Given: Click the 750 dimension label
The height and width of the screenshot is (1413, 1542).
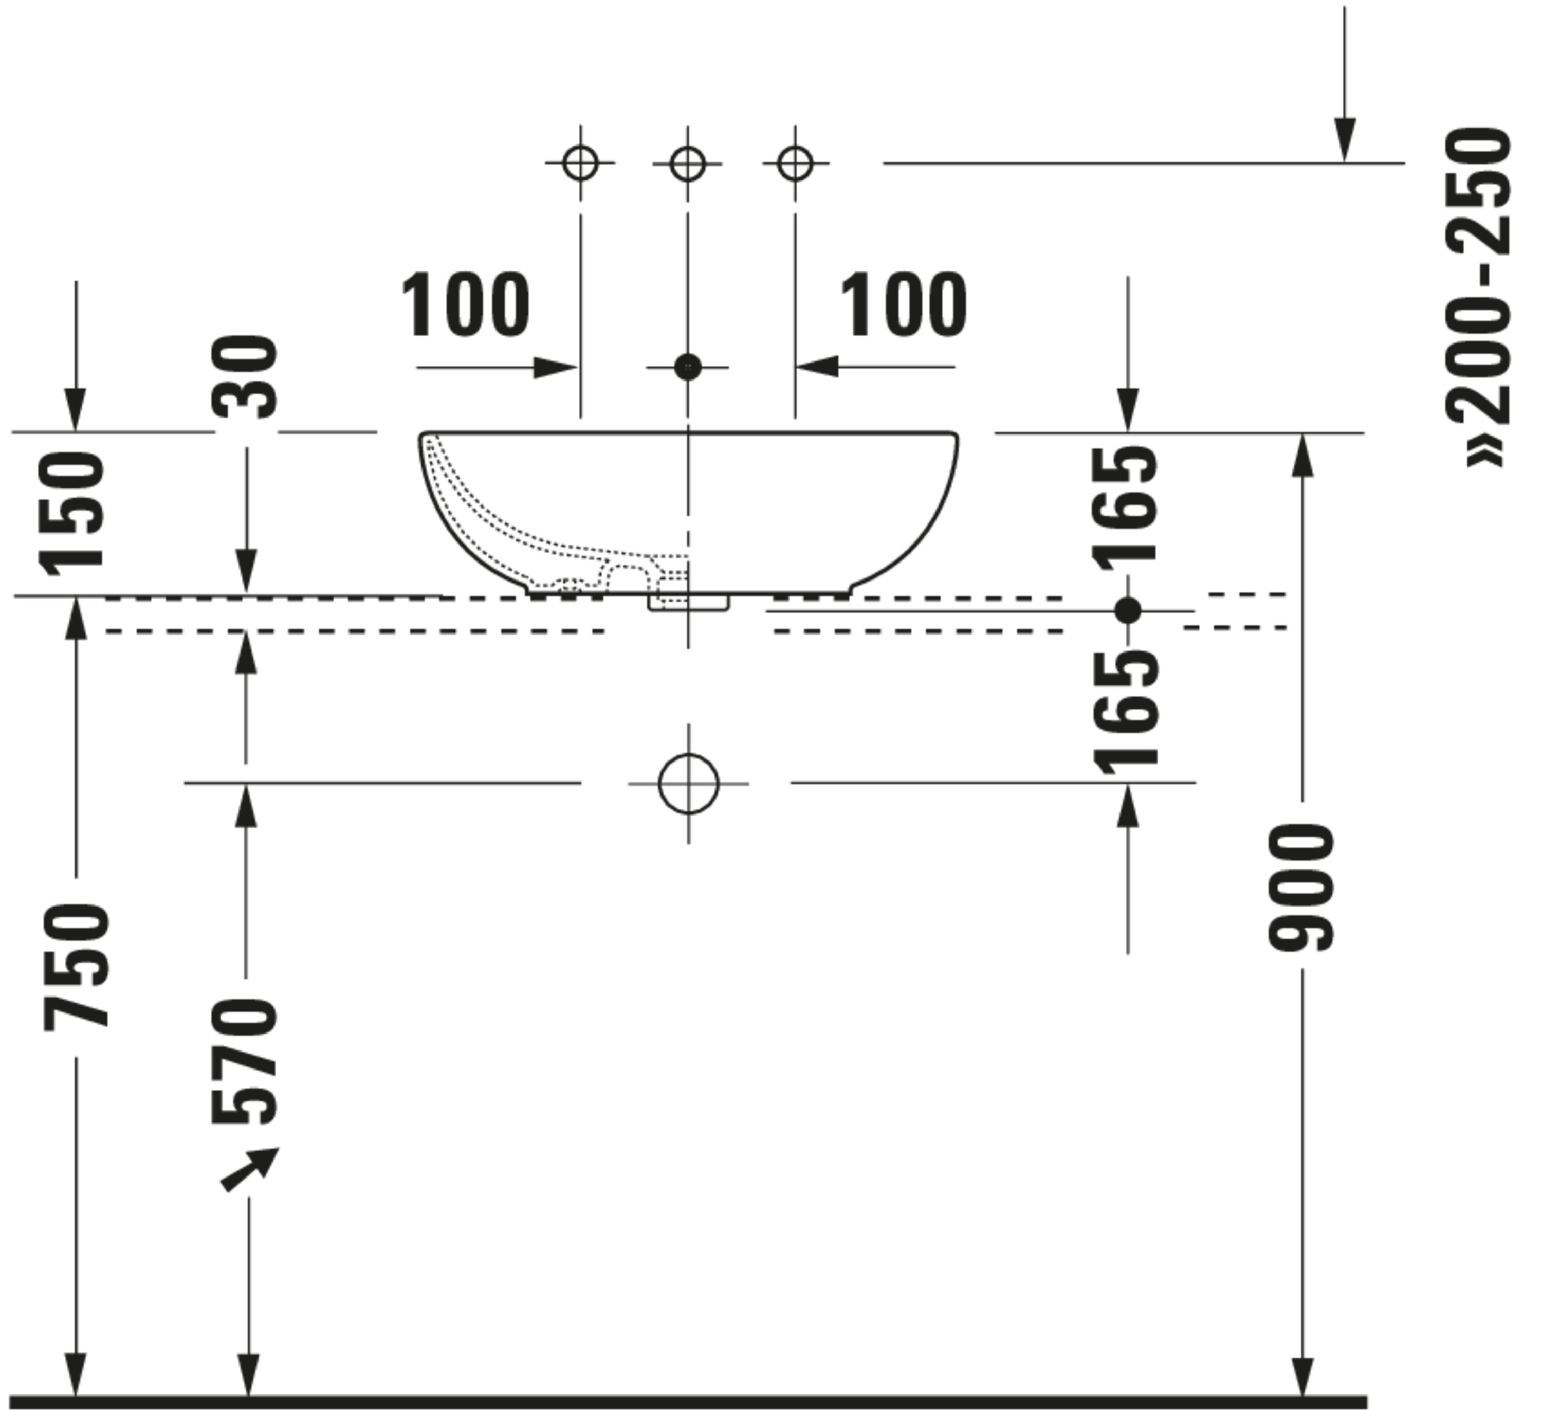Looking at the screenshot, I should click(77, 967).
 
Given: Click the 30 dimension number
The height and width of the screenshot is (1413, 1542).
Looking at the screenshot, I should click(245, 377).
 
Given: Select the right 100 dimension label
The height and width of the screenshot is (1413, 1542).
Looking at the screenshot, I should click(903, 305).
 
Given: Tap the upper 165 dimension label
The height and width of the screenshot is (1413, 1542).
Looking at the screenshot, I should click(1125, 505).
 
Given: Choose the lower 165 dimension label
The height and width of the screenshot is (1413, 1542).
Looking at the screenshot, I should click(1125, 713).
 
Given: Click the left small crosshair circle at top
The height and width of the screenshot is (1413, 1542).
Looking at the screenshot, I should click(580, 163).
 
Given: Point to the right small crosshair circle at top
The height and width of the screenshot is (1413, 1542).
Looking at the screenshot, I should click(795, 164).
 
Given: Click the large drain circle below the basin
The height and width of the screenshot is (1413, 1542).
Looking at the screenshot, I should click(688, 784).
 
